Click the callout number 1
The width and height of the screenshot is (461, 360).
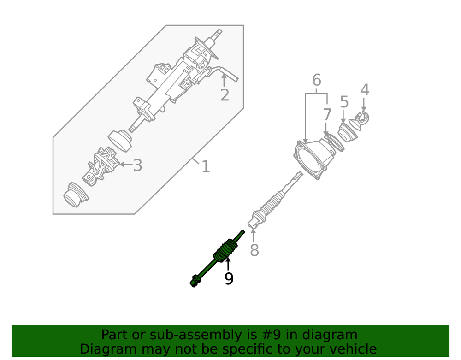[x=206, y=166]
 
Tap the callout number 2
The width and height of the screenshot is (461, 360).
[x=225, y=95]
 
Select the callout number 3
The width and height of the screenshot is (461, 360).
[x=137, y=165]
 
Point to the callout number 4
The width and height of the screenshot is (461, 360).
[x=365, y=89]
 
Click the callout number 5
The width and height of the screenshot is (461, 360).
[x=344, y=102]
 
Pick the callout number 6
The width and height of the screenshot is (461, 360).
[x=316, y=80]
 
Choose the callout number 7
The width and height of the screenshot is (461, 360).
[x=327, y=115]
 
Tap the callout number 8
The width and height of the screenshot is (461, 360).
[x=254, y=250]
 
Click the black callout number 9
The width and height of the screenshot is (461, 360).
[x=229, y=278]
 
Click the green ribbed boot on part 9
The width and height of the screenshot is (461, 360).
[x=225, y=250]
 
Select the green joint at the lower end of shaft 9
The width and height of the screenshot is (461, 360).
[x=195, y=281]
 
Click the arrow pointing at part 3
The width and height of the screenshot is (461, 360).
[x=126, y=164]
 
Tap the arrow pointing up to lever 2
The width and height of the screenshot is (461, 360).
[x=224, y=80]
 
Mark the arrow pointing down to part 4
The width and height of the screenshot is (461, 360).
[x=364, y=105]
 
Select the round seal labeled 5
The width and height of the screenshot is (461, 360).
[x=347, y=133]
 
